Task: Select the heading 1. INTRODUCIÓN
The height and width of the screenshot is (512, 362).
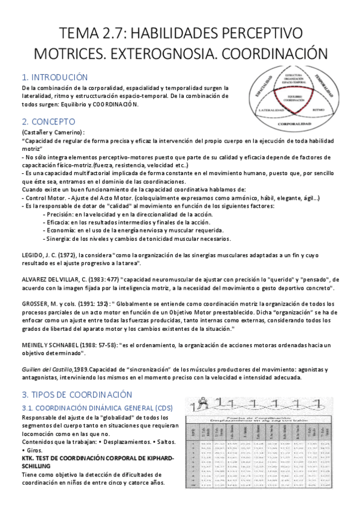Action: point(54,77)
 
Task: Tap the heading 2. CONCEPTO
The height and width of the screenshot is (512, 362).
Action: point(48,121)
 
